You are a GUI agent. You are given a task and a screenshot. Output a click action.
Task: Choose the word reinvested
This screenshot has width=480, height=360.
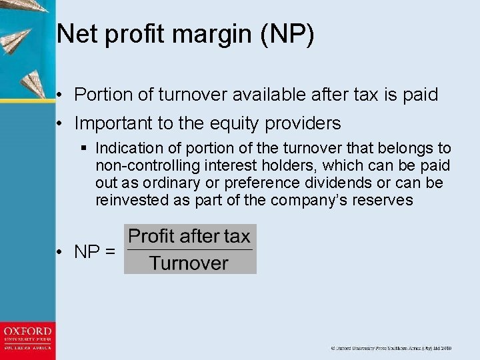click(x=131, y=200)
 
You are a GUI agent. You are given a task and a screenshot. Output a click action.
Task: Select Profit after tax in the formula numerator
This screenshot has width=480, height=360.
click(x=189, y=236)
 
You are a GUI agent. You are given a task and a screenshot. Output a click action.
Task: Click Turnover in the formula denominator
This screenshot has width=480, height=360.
click(x=189, y=263)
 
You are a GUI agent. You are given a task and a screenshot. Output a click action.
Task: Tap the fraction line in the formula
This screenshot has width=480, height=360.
click(x=189, y=249)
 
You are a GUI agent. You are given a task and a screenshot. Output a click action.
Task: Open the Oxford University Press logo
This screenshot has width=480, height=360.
click(x=27, y=339)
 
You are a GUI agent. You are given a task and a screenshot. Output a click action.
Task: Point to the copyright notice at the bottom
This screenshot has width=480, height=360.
click(x=391, y=348)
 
